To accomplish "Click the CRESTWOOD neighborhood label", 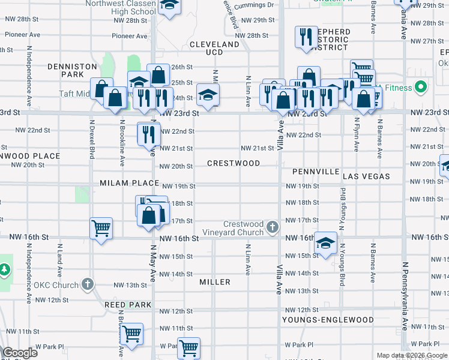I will tap(234, 163).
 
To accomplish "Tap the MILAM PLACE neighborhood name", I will tap(129, 183).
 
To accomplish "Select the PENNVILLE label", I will tap(316, 172).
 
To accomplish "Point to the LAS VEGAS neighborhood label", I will tap(366, 176).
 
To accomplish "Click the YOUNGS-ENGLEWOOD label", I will tap(327, 320).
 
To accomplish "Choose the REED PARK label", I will tap(128, 305).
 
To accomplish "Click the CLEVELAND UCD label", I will tap(214, 49).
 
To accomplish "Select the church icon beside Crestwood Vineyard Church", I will tap(273, 227).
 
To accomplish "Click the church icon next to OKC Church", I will tap(88, 284).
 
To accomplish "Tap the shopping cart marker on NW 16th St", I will tap(101, 228).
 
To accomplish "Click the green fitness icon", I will tap(421, 88).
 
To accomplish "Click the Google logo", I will tap(19, 353).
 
